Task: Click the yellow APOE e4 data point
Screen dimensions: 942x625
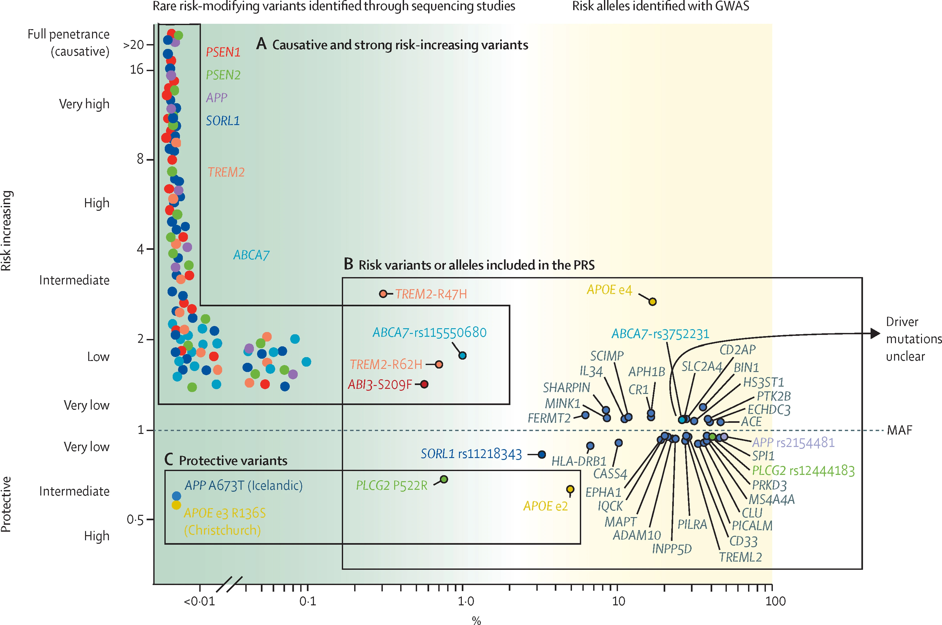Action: point(652,302)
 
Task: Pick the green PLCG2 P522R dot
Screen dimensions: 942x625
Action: point(444,479)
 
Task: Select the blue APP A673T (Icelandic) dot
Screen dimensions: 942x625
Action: point(176,496)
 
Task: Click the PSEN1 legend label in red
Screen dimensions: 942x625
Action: point(223,52)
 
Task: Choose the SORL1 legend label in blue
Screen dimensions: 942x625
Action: point(223,121)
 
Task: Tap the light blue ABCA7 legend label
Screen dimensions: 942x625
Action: point(252,255)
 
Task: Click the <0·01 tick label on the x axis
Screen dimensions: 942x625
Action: point(199,601)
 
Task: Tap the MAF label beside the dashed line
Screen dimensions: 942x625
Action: point(899,430)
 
